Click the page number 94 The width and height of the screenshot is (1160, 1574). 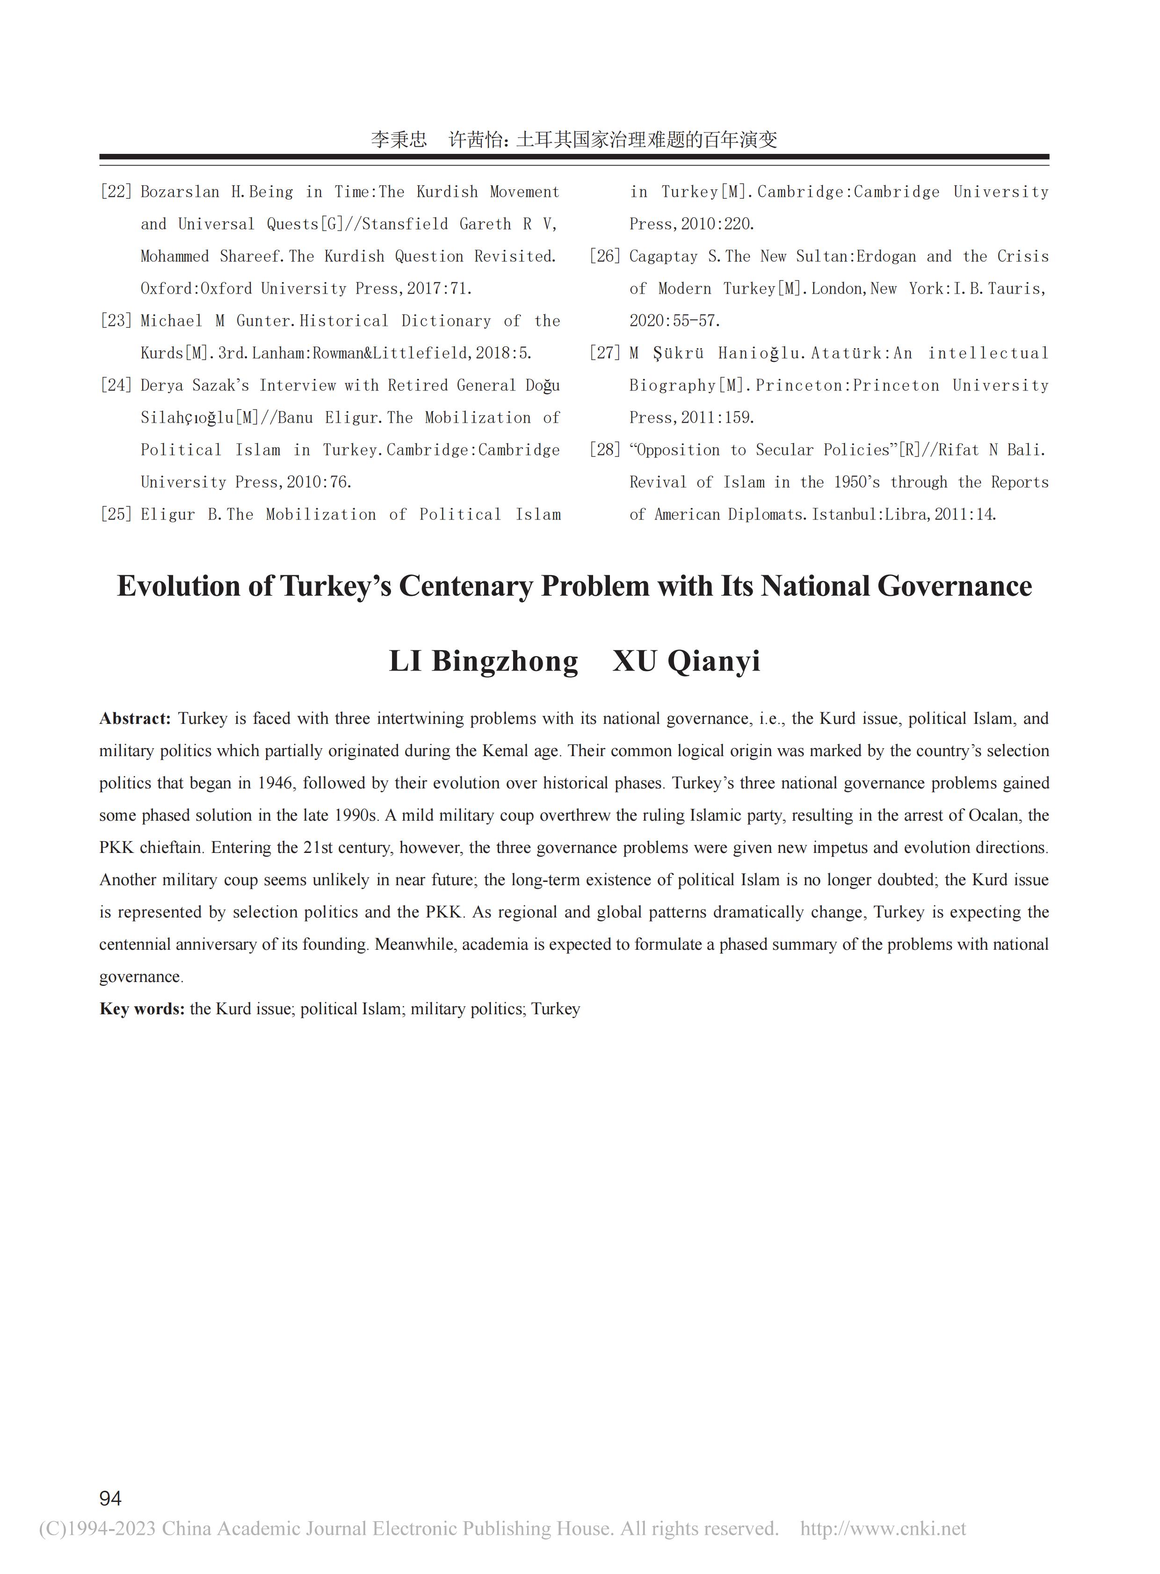[x=110, y=1498]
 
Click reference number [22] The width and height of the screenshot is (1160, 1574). [x=116, y=192]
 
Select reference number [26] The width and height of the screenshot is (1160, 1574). [x=605, y=256]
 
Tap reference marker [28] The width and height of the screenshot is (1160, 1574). [x=605, y=450]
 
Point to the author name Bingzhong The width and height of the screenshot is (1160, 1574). [x=504, y=661]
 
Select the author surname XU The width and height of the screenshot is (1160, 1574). [x=634, y=661]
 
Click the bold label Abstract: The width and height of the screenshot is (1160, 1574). [x=135, y=718]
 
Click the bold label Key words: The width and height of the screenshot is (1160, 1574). [x=142, y=1009]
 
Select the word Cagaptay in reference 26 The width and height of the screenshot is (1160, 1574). [x=663, y=256]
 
